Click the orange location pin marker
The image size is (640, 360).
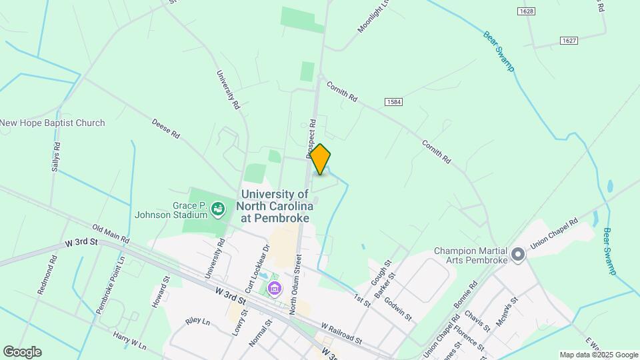321,159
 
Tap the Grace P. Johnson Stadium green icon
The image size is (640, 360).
218,210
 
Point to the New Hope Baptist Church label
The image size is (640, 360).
53,123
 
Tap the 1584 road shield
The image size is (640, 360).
393,101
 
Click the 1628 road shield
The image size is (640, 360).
527,11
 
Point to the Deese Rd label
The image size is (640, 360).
166,129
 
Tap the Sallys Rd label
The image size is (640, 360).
56,157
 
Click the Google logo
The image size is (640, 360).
22,351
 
